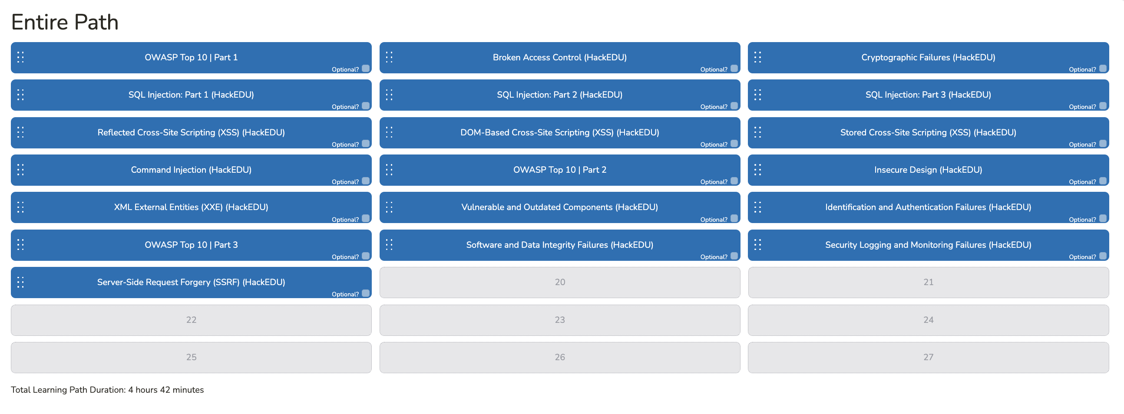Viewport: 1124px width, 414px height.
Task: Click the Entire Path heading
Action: (65, 22)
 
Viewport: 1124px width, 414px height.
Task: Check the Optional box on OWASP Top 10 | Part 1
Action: (366, 69)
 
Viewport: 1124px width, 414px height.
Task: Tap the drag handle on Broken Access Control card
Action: (389, 57)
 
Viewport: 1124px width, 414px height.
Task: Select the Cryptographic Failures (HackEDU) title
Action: (928, 58)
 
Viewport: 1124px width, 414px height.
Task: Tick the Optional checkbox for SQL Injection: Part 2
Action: (734, 106)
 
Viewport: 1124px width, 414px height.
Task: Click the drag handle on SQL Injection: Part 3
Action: (757, 95)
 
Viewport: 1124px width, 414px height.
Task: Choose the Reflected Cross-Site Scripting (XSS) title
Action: (191, 132)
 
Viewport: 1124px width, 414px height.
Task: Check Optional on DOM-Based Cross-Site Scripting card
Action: (734, 143)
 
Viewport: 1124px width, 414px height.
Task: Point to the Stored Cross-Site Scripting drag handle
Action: (757, 132)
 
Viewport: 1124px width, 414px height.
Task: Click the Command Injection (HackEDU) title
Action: (191, 170)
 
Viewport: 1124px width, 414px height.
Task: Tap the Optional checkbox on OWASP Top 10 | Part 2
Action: (734, 181)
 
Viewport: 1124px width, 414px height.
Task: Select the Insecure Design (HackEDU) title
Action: (928, 170)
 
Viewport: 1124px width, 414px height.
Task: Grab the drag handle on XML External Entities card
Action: (20, 207)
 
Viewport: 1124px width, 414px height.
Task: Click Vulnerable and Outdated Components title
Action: (559, 207)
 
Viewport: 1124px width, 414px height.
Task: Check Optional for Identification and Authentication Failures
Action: (1103, 218)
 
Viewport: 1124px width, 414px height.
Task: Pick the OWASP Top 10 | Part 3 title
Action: (191, 245)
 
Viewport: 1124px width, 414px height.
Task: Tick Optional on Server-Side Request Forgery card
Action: (366, 293)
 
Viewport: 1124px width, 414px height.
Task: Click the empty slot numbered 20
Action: (560, 283)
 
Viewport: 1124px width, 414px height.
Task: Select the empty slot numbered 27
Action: (928, 357)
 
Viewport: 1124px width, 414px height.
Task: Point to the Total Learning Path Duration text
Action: (107, 390)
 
